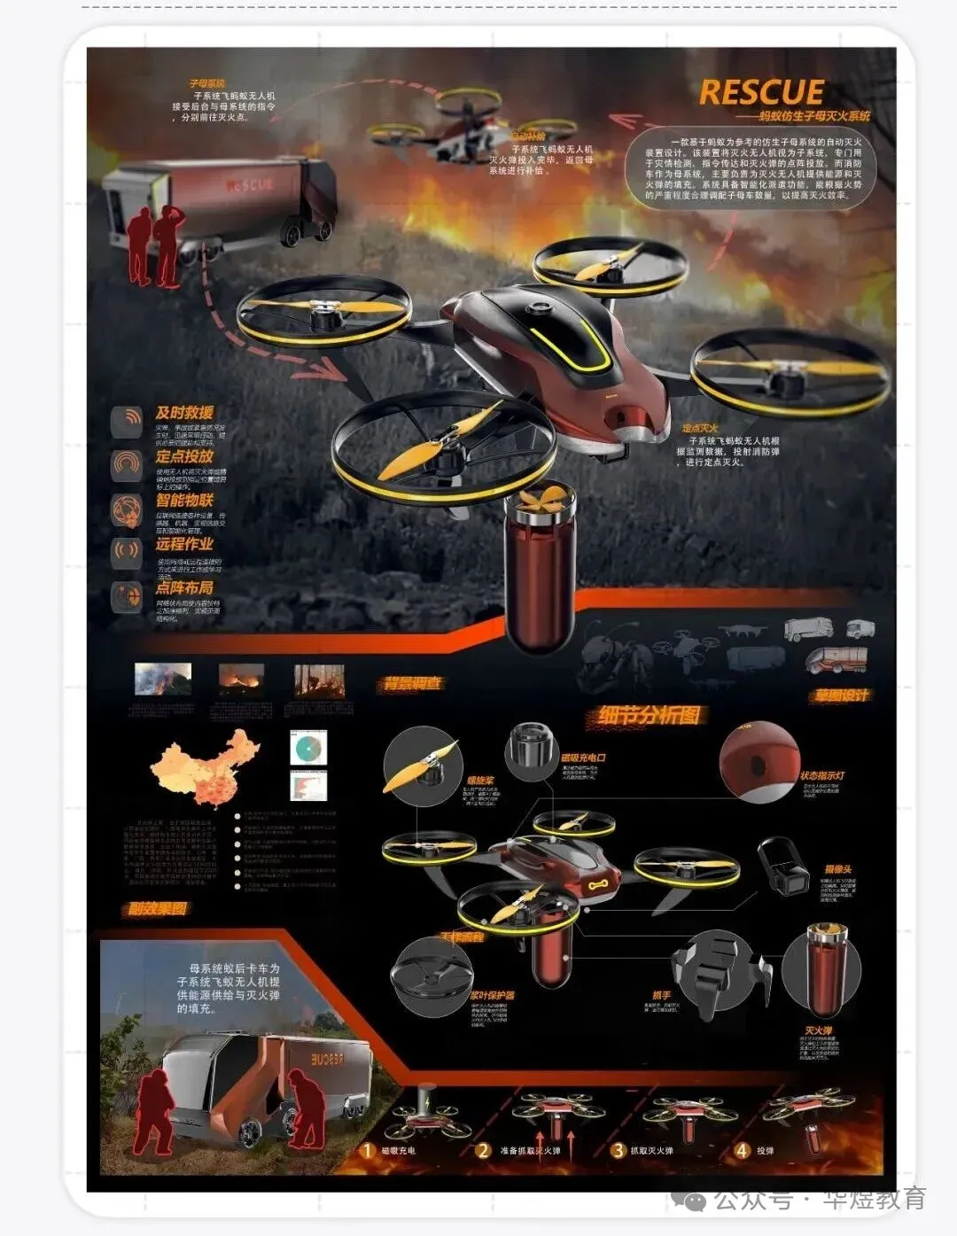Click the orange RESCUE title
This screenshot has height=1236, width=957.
pyautogui.click(x=761, y=93)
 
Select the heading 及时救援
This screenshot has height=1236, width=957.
pyautogui.click(x=184, y=413)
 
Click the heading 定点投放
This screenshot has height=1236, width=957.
pyautogui.click(x=184, y=456)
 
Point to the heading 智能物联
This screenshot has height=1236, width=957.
pyautogui.click(x=184, y=501)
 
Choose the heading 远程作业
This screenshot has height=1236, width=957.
pyautogui.click(x=184, y=544)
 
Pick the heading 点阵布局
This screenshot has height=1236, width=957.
pyautogui.click(x=184, y=587)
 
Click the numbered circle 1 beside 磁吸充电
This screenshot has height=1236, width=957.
pyautogui.click(x=367, y=1151)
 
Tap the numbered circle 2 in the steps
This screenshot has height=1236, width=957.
pyautogui.click(x=483, y=1151)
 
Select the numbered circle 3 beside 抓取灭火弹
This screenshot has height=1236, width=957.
pyautogui.click(x=618, y=1151)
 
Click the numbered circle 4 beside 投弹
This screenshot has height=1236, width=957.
pyautogui.click(x=742, y=1151)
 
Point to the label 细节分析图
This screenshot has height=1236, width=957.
pyautogui.click(x=650, y=715)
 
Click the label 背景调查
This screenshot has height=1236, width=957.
pyautogui.click(x=411, y=684)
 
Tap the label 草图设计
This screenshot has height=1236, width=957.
pyautogui.click(x=841, y=696)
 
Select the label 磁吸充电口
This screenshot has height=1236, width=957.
pyautogui.click(x=584, y=758)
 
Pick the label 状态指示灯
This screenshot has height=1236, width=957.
pyautogui.click(x=823, y=776)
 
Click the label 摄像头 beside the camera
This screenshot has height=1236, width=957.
pyautogui.click(x=838, y=870)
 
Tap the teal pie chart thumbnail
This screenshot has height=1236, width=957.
pyautogui.click(x=308, y=748)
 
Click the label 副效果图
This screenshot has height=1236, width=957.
pyautogui.click(x=157, y=909)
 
